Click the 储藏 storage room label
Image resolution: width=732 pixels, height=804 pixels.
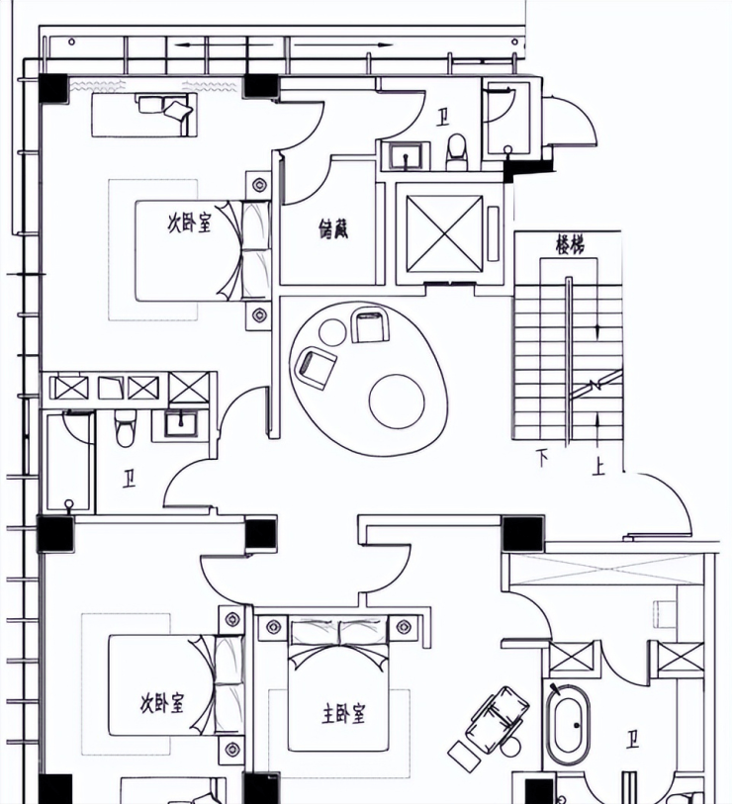(x=333, y=228)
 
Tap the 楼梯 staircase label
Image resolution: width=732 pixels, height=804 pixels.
(x=570, y=245)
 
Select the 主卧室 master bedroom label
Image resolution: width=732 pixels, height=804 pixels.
(x=343, y=713)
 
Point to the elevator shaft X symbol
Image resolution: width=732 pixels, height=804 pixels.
(x=445, y=233)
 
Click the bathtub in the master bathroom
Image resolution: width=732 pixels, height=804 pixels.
(x=569, y=725)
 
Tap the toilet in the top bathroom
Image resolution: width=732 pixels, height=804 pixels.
(x=456, y=151)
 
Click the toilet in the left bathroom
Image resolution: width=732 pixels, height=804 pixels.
(x=126, y=428)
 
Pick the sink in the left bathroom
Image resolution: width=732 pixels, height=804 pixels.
(x=181, y=424)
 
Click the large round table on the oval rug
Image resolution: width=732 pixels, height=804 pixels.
(x=397, y=402)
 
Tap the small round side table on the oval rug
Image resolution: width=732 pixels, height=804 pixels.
(x=333, y=332)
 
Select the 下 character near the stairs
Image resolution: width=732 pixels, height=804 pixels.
(x=542, y=458)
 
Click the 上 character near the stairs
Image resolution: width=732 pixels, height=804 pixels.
(x=597, y=467)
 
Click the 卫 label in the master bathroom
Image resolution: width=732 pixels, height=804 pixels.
(x=631, y=741)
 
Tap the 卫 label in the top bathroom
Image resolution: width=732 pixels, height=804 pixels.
(x=441, y=118)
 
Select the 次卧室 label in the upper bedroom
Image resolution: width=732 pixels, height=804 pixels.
(x=189, y=223)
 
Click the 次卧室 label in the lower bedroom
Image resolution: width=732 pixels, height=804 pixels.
(x=162, y=702)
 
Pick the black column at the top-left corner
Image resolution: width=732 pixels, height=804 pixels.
(x=53, y=88)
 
